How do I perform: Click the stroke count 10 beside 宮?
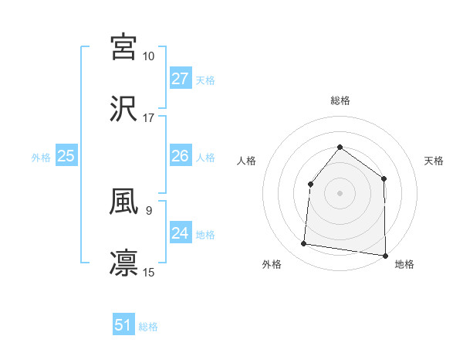point(149,56)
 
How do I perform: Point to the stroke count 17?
point(149,118)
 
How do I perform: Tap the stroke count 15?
point(149,272)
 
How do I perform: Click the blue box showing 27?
point(180,79)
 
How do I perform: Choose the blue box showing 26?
point(180,156)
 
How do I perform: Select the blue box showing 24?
point(180,232)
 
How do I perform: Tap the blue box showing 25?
point(66,156)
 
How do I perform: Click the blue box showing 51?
point(123,325)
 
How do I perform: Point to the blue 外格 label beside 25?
point(41,158)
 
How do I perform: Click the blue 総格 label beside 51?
point(148,327)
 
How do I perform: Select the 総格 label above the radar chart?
point(340,100)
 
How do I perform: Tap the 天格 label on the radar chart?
point(434,161)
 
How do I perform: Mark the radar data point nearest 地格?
point(385,256)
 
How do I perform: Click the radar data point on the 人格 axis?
point(310,184)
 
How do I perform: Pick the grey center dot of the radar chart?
point(340,193)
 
